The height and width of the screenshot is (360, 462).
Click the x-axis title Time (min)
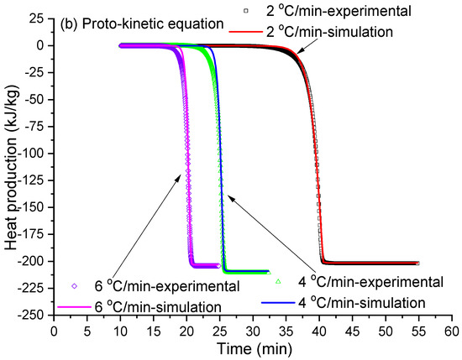[253, 347]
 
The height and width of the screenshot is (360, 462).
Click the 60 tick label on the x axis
[453, 329]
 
